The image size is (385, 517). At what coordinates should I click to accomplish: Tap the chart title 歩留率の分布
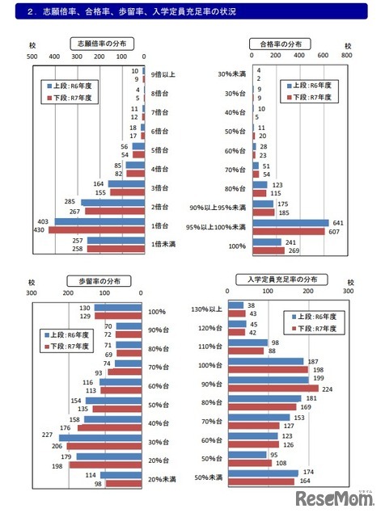[95, 280]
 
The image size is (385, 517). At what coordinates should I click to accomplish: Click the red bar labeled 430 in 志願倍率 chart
[90, 230]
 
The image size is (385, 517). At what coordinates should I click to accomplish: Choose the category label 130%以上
[208, 309]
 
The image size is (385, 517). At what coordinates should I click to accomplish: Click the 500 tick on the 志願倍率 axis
[32, 57]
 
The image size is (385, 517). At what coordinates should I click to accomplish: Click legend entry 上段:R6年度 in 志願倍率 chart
[72, 83]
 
